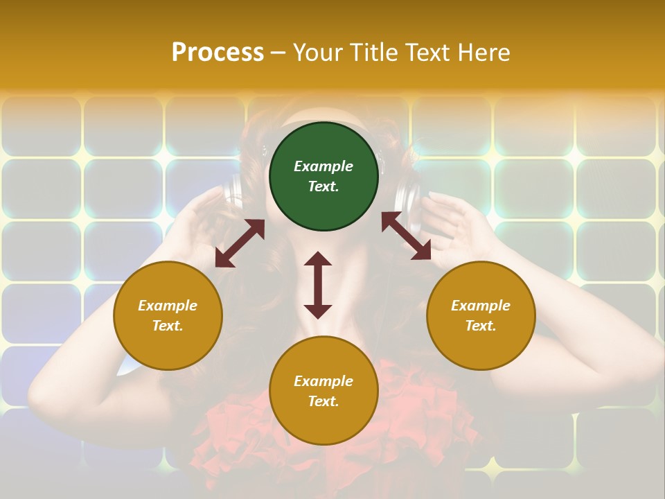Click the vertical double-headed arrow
click(x=318, y=285)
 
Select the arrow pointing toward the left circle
click(x=240, y=243)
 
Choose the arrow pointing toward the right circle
click(x=406, y=236)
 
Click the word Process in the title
click(x=218, y=52)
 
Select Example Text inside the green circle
click(x=323, y=176)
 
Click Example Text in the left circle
click(x=168, y=315)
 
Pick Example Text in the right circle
click(x=481, y=315)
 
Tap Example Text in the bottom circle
click(x=323, y=391)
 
